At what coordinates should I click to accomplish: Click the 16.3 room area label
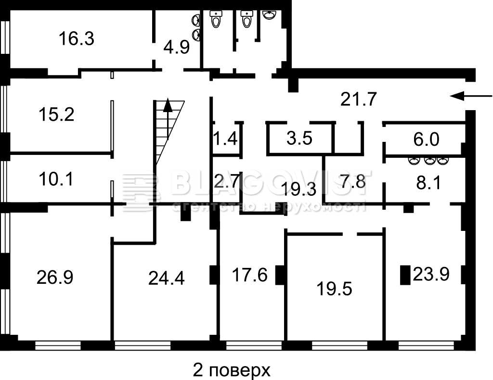click(x=77, y=39)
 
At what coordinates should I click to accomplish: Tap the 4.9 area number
click(x=176, y=48)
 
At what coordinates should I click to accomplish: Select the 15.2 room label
click(x=57, y=114)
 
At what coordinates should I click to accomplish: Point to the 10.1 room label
click(x=56, y=179)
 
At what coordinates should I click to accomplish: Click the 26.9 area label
click(x=55, y=278)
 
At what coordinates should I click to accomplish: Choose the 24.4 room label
click(x=166, y=278)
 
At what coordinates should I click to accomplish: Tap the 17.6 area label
click(x=250, y=275)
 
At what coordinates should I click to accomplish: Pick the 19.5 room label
click(x=334, y=289)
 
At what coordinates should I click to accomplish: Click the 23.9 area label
click(x=431, y=274)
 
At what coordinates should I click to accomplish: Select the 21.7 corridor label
click(x=358, y=100)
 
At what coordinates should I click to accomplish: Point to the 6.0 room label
click(x=426, y=139)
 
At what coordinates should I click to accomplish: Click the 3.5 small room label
click(x=299, y=139)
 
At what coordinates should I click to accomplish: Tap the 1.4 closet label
click(x=225, y=139)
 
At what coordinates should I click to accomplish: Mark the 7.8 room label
click(x=353, y=181)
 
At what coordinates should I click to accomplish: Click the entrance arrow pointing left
click(x=471, y=96)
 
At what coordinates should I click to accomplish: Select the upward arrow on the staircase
click(x=168, y=119)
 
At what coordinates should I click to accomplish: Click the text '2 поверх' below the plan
click(x=232, y=370)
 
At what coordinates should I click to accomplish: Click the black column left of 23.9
click(x=405, y=275)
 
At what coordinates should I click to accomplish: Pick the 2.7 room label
click(x=227, y=181)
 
